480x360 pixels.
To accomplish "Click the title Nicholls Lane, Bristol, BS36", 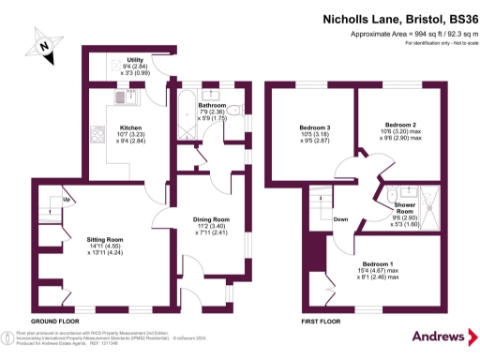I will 394,17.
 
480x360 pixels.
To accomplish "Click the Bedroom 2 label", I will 400,124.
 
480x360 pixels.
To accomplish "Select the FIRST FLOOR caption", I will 322,322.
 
